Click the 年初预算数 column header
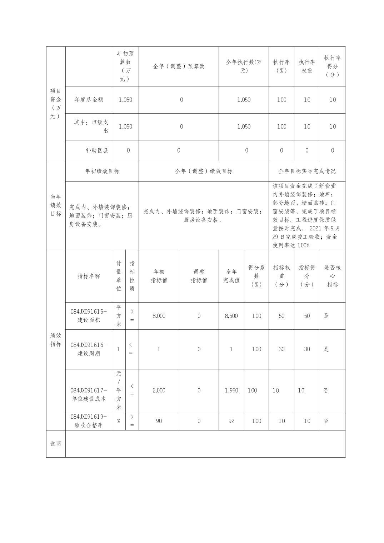pyautogui.click(x=125, y=66)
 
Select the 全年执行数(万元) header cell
pyautogui.click(x=244, y=66)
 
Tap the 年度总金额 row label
pyautogui.click(x=89, y=100)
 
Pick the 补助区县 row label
pyautogui.click(x=97, y=150)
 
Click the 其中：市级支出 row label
pyautogui.click(x=91, y=126)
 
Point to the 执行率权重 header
pyautogui.click(x=307, y=66)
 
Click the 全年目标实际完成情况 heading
pyautogui.click(x=307, y=171)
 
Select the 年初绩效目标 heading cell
pyautogui.click(x=102, y=171)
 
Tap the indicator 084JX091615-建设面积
pyautogui.click(x=89, y=316)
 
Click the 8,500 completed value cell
pyautogui.click(x=231, y=316)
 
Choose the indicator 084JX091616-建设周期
pyautogui.click(x=89, y=349)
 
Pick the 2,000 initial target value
pyautogui.click(x=159, y=390)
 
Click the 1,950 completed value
pyautogui.click(x=231, y=390)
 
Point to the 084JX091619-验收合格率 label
pyautogui.click(x=89, y=421)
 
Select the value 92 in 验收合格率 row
pyautogui.click(x=231, y=421)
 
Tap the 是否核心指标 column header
pyautogui.click(x=332, y=276)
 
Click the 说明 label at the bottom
pyautogui.click(x=56, y=443)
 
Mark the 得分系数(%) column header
pyautogui.click(x=256, y=276)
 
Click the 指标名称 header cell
pyautogui.click(x=89, y=276)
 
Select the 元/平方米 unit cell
pyautogui.click(x=119, y=390)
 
